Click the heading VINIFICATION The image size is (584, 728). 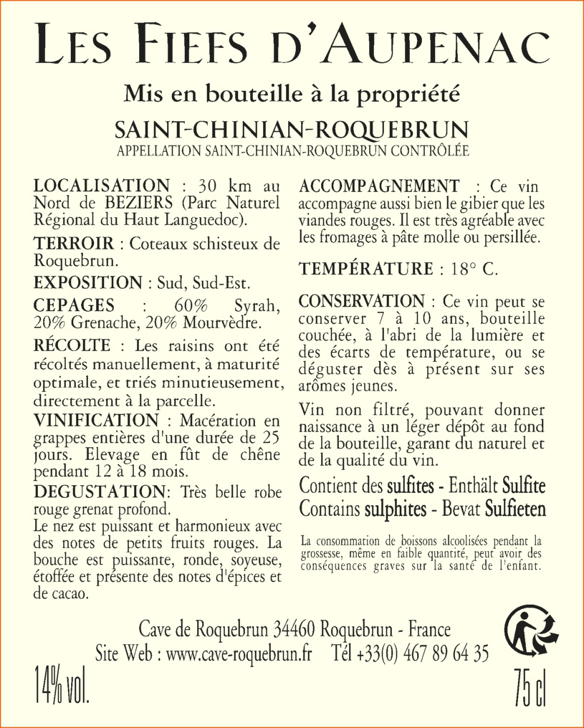[x=95, y=419]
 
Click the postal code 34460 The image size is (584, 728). [x=295, y=630]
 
